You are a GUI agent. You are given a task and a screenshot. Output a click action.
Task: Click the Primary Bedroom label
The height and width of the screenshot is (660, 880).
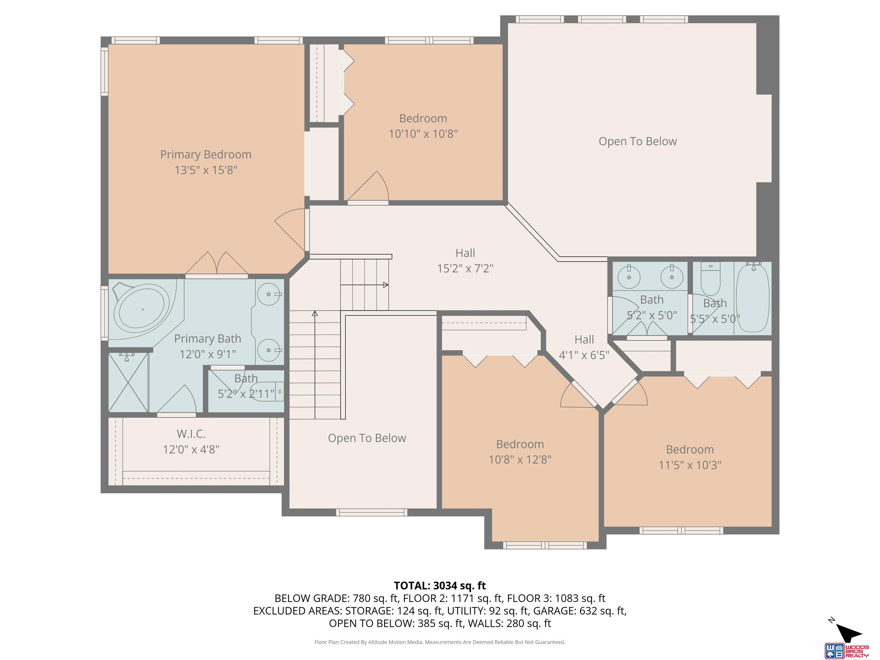tap(206, 155)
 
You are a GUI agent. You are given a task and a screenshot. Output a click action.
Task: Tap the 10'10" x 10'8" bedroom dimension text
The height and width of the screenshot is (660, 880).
tap(423, 134)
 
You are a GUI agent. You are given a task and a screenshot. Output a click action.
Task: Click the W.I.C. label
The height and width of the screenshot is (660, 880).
tap(191, 434)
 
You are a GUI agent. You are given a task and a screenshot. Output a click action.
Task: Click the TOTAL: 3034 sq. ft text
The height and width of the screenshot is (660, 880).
tap(440, 586)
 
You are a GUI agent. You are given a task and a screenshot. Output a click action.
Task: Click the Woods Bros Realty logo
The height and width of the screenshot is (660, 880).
tap(846, 650)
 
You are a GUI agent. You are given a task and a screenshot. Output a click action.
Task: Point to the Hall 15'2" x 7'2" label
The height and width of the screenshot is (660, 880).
tap(465, 261)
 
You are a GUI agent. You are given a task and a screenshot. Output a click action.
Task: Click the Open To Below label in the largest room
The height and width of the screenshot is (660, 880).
tap(637, 142)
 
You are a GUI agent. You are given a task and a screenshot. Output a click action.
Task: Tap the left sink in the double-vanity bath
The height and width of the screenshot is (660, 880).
tap(629, 276)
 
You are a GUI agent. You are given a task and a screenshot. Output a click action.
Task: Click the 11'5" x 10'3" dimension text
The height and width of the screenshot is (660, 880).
tap(690, 465)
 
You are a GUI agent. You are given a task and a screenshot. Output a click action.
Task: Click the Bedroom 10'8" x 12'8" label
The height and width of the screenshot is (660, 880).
tap(520, 451)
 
